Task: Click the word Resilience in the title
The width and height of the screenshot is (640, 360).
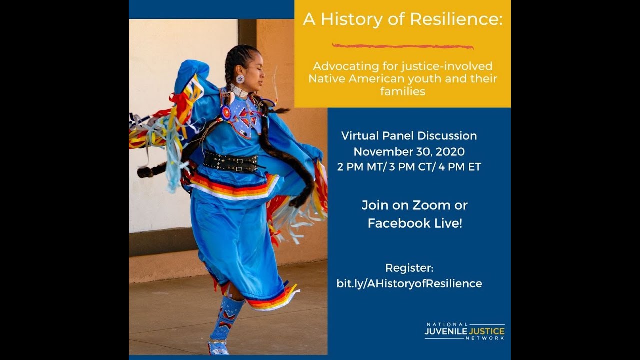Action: tap(456, 20)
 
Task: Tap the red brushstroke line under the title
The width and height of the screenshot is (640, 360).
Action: tap(403, 46)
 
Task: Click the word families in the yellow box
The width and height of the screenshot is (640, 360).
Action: tap(402, 91)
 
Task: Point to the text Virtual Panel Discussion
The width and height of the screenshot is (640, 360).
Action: tap(409, 136)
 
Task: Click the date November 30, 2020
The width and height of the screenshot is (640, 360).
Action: tap(409, 151)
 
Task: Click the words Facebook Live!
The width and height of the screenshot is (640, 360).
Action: tap(415, 223)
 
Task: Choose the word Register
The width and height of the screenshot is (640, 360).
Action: tap(409, 268)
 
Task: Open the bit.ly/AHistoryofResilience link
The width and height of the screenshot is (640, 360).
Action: tap(409, 284)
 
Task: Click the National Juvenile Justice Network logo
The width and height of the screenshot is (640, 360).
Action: tap(464, 331)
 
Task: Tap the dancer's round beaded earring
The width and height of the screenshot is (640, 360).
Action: tap(240, 79)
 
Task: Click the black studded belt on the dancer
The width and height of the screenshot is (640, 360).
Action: tap(231, 161)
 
